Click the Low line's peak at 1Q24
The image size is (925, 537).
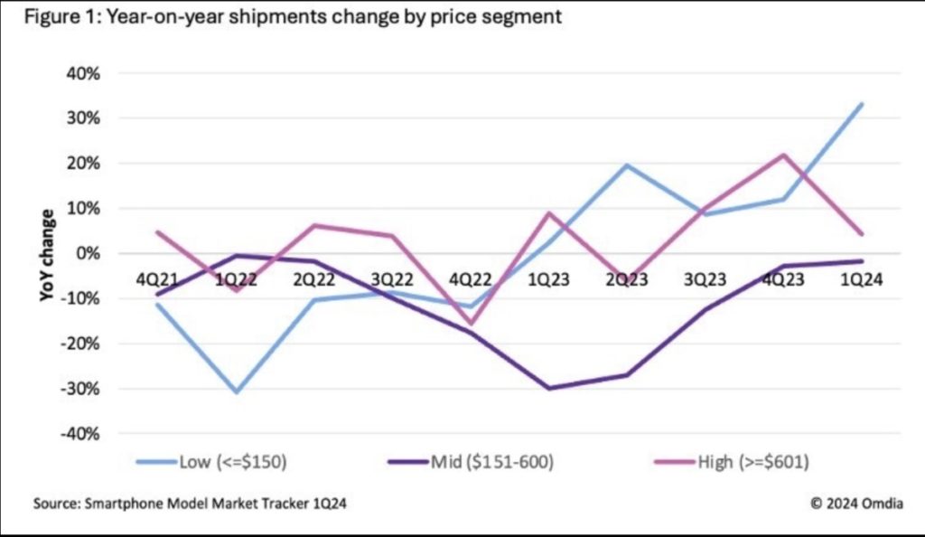862,104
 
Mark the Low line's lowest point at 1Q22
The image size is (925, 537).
238,391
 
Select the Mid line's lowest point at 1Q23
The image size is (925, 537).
549,389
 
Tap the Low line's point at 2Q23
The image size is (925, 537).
627,165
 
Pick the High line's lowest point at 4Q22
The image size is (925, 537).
472,324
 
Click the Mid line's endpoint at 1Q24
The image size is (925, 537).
862,261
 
